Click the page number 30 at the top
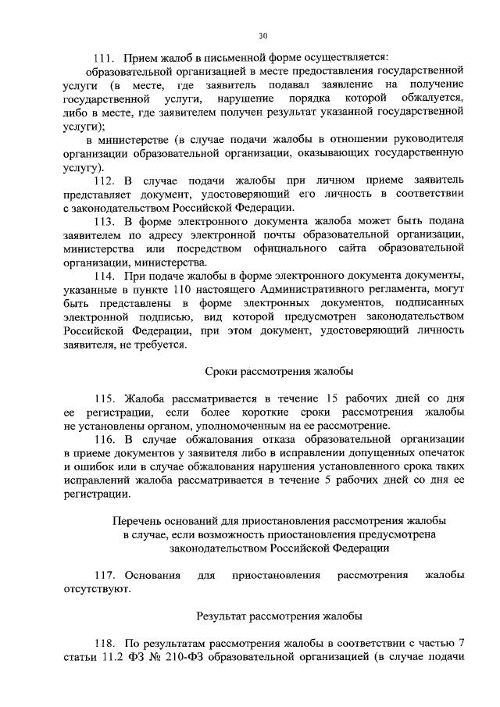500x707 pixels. click(x=262, y=36)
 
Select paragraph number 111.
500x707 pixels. click(x=104, y=57)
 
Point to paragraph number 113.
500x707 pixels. click(x=104, y=222)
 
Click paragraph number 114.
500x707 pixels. click(x=104, y=277)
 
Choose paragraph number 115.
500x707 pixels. click(x=104, y=398)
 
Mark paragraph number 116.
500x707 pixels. click(x=104, y=439)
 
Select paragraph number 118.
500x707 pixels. click(x=104, y=643)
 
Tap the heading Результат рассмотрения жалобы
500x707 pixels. click(x=279, y=616)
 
